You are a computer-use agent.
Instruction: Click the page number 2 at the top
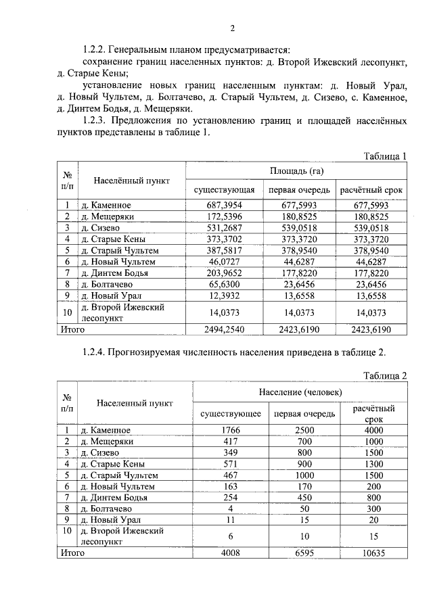[x=232, y=28]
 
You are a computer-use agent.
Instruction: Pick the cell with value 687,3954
[x=224, y=204]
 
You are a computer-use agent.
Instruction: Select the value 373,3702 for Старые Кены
[x=224, y=239]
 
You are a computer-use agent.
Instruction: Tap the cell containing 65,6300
[x=224, y=285]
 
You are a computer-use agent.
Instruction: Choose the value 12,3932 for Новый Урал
[x=224, y=296]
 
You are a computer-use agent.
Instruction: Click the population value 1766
[x=232, y=429]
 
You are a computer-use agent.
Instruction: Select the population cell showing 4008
[x=232, y=552]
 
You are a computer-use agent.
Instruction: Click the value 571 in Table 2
[x=232, y=464]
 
